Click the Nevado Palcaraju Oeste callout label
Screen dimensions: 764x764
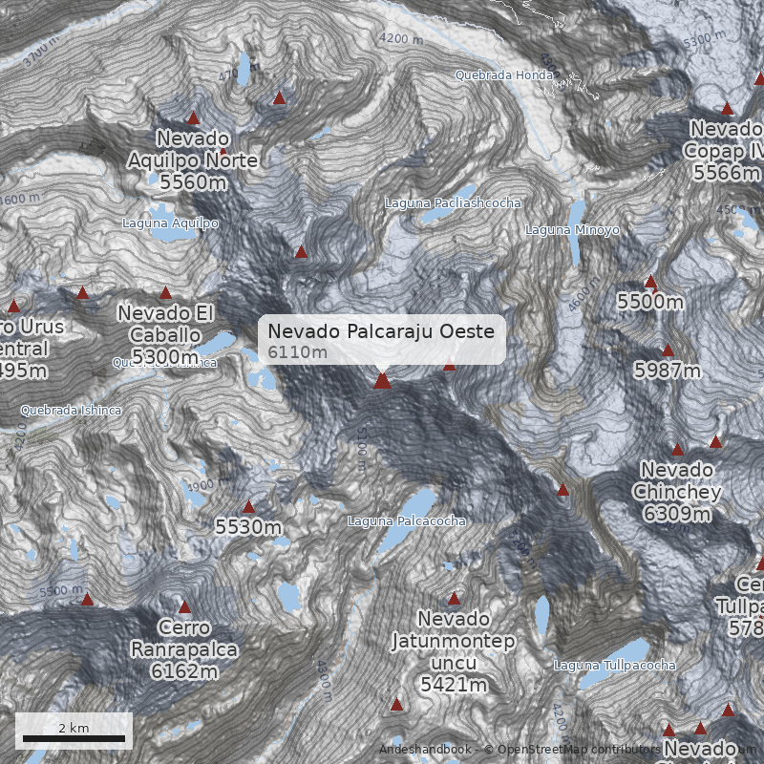[381, 340]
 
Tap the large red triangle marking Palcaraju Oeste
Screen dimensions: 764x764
[382, 381]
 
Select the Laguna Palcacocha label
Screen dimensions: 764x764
[407, 521]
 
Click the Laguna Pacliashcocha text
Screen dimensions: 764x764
[453, 203]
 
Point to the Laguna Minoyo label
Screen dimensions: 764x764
[572, 230]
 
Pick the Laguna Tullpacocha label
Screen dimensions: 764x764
[615, 666]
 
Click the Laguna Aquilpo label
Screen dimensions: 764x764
[170, 223]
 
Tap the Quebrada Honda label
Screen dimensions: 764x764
[503, 74]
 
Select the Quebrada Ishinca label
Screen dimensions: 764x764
[72, 411]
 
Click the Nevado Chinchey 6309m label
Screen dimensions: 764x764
[677, 492]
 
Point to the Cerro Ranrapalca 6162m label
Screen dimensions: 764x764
[184, 649]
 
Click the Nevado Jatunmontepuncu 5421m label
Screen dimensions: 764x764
[454, 651]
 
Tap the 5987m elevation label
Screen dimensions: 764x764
[667, 371]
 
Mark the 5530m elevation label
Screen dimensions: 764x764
[248, 527]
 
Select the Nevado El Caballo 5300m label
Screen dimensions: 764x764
[167, 334]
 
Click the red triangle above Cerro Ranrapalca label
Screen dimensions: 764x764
[184, 606]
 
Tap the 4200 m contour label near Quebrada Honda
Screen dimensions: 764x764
[400, 39]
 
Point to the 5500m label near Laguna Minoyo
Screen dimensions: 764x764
[650, 303]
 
